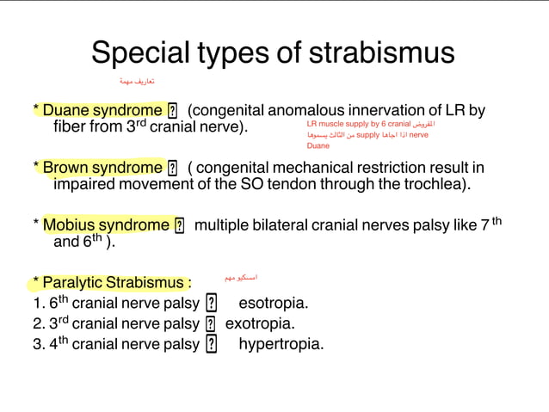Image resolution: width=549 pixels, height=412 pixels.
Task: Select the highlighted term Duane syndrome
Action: click(x=102, y=110)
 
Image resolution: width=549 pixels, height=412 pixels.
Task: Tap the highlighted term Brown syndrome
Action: click(x=102, y=167)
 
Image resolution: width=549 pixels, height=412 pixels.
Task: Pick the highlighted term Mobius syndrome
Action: click(x=106, y=224)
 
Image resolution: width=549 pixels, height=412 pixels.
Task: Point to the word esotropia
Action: click(x=273, y=303)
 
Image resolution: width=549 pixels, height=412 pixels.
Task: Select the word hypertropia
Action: click(x=281, y=344)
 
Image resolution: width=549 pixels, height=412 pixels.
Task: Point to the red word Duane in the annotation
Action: click(x=318, y=146)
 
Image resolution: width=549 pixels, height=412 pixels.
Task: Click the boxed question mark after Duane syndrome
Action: click(x=173, y=111)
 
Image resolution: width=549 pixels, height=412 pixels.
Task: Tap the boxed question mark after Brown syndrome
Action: click(x=173, y=168)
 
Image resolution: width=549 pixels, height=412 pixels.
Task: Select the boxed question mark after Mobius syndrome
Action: click(x=180, y=225)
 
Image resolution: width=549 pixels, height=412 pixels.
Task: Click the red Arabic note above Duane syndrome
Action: click(x=137, y=81)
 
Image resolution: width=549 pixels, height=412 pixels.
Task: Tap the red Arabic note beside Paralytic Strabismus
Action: click(x=240, y=278)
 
